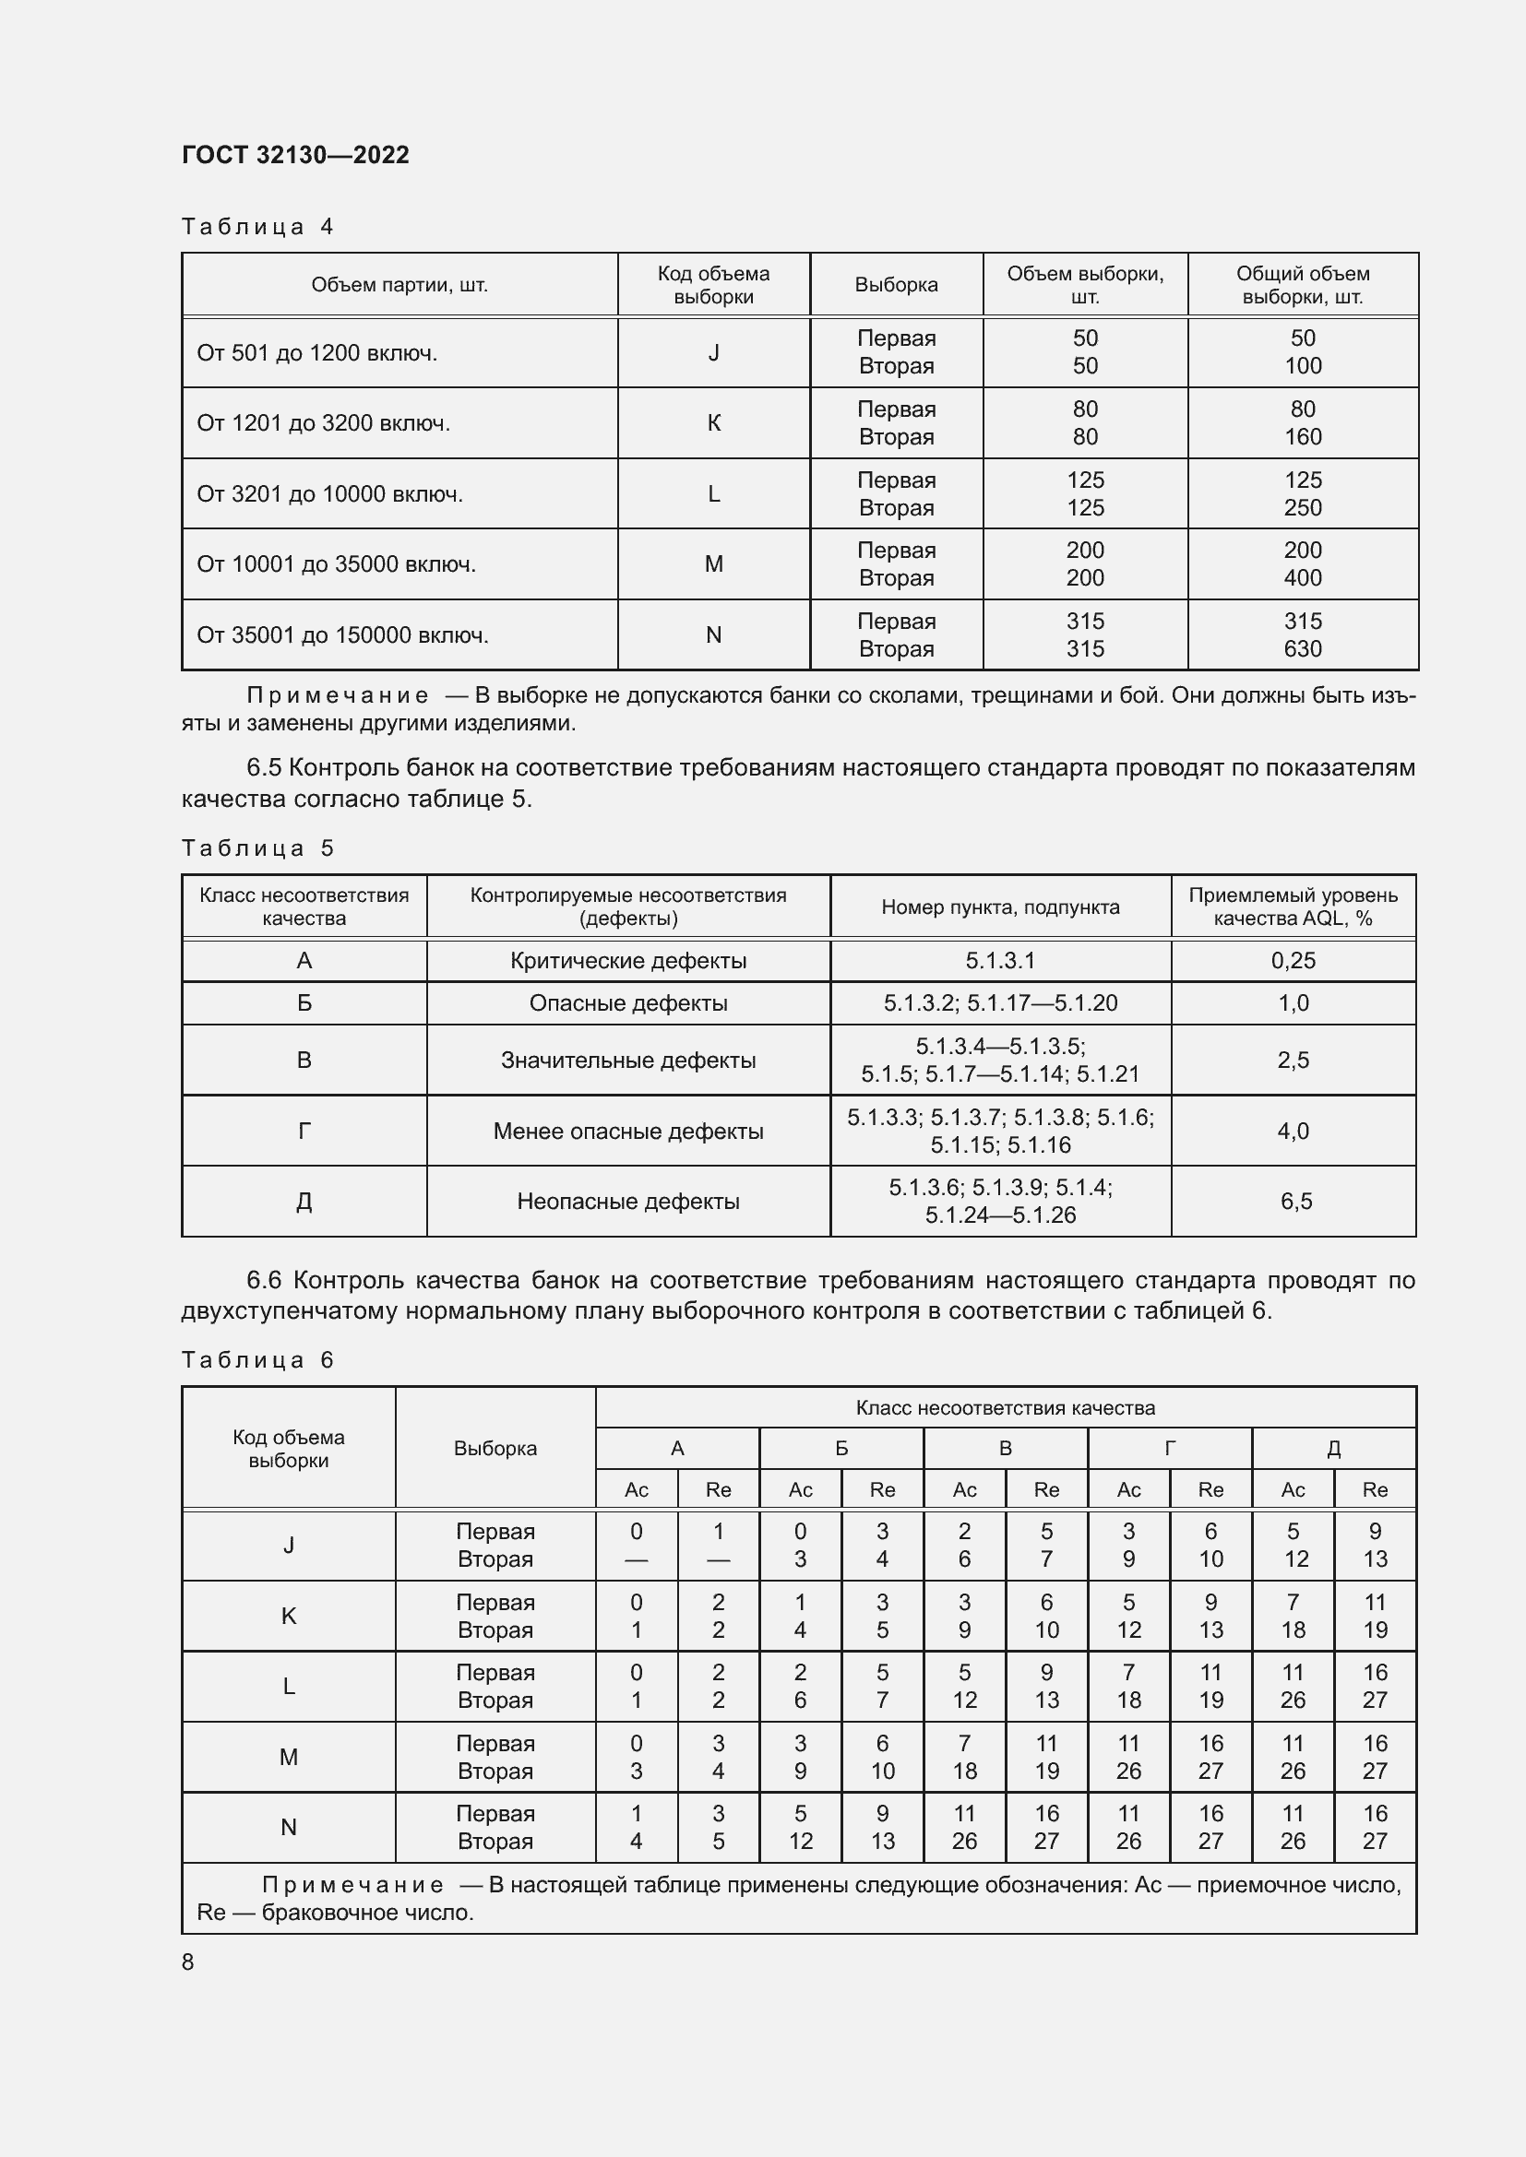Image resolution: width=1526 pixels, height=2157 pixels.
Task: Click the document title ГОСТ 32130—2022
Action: click(x=295, y=155)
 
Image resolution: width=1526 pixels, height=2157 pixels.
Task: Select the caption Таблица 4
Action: click(x=256, y=227)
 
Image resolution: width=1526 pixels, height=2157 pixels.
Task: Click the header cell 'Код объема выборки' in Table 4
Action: click(x=713, y=285)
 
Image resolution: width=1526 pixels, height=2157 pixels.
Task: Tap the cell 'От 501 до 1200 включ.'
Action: click(x=316, y=353)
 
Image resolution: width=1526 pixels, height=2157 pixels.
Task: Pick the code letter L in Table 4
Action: click(x=713, y=494)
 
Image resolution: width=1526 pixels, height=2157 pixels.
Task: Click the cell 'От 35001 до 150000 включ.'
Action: click(x=342, y=635)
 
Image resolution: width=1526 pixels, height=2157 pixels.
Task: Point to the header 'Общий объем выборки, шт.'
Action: click(x=1303, y=285)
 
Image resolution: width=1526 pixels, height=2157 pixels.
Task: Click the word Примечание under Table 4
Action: click(x=338, y=695)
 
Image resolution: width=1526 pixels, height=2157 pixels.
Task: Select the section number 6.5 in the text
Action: click(x=263, y=767)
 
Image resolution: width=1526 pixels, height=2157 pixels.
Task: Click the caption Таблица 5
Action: click(x=256, y=848)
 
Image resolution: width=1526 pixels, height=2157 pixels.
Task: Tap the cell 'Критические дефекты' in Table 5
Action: click(x=627, y=960)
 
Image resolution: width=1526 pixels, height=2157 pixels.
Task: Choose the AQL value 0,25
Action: click(x=1293, y=960)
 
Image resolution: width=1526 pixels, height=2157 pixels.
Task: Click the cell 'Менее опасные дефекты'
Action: click(x=627, y=1132)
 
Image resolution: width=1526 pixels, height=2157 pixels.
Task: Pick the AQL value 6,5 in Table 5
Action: click(x=1295, y=1201)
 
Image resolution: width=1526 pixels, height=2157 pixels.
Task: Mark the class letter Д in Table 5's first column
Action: click(x=304, y=1201)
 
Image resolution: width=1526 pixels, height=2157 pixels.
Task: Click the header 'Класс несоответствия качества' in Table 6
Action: click(x=1005, y=1407)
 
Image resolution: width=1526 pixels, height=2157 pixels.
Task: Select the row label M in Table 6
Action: click(x=289, y=1757)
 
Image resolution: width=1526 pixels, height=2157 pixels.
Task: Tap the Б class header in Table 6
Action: click(x=841, y=1448)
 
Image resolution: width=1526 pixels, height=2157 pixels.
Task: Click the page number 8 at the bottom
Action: click(x=188, y=1961)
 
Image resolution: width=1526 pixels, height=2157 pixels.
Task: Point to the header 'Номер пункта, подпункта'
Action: click(x=1000, y=907)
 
